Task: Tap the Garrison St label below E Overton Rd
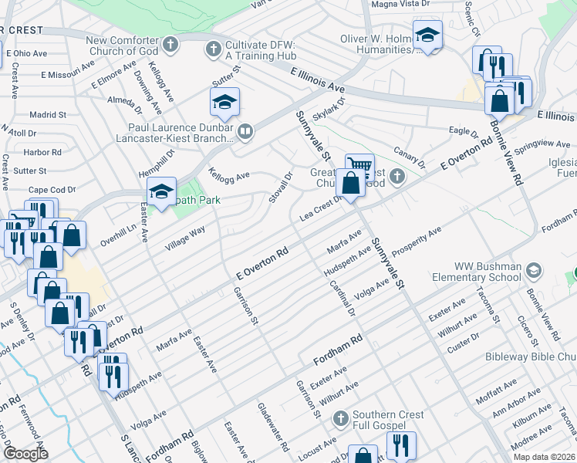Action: pos(245,306)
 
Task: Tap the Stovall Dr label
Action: pos(282,184)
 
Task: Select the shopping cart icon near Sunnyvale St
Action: pos(359,166)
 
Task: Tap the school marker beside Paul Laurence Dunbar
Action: pos(224,103)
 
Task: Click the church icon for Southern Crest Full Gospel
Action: pos(340,419)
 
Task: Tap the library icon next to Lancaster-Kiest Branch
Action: pos(245,132)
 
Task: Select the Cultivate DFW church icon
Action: pos(214,49)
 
